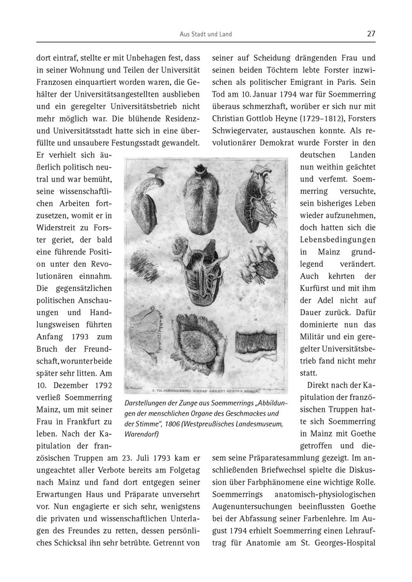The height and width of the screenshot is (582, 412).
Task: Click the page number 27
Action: pos(371,34)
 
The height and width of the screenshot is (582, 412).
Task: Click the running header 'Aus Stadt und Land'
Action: pos(206,34)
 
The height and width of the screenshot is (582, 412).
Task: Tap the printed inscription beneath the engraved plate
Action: pos(206,389)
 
